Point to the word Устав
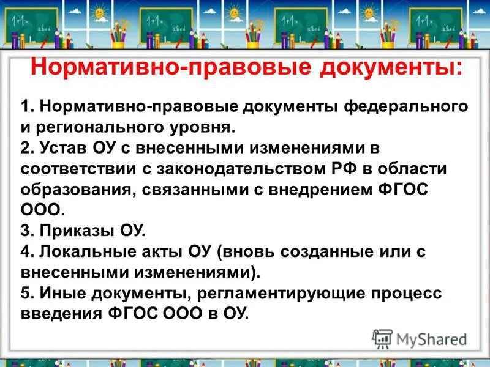pyautogui.click(x=63, y=149)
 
